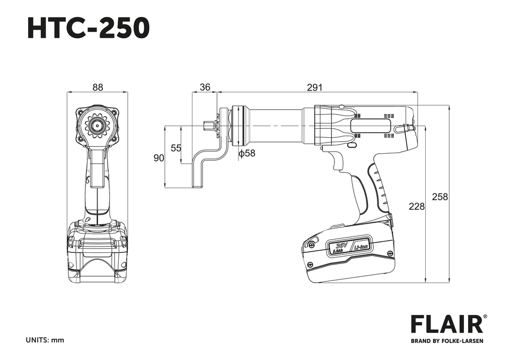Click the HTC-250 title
click(88, 28)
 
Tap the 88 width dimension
click(98, 87)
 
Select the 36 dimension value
click(205, 87)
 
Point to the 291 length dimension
click(315, 87)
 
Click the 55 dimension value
click(176, 148)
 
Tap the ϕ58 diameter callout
click(247, 153)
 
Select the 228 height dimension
click(416, 206)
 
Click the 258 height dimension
click(440, 197)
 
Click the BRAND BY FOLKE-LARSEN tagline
click(447, 341)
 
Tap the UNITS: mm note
click(45, 340)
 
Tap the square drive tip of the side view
click(208, 126)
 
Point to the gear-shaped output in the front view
click(97, 126)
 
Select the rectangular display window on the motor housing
click(371, 126)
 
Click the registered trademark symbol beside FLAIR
click(486, 317)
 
